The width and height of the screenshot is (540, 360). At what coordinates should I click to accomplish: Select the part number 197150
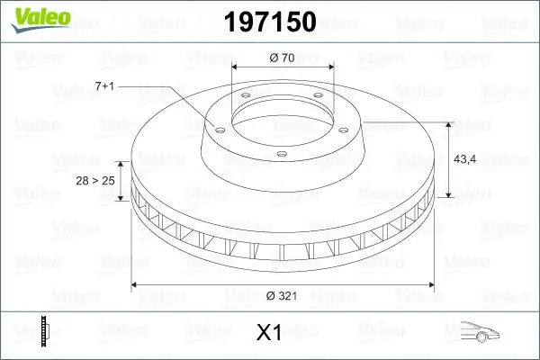(270, 22)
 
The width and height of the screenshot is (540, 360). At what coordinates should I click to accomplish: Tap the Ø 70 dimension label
(283, 58)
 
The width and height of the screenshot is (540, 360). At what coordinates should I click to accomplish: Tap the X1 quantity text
(270, 333)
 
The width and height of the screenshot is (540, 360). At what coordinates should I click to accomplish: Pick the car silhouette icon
(479, 333)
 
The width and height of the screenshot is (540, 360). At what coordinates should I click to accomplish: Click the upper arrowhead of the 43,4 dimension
(447, 123)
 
